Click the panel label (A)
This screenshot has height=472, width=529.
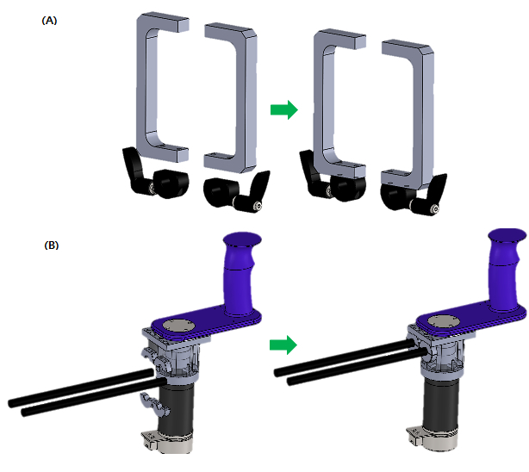click(x=49, y=21)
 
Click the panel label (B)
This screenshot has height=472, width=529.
click(x=52, y=245)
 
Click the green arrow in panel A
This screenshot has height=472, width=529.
click(x=284, y=109)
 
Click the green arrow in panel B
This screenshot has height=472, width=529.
click(x=283, y=345)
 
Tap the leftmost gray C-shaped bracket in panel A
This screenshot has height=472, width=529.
click(x=141, y=88)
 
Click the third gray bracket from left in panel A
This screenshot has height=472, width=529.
click(x=319, y=102)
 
